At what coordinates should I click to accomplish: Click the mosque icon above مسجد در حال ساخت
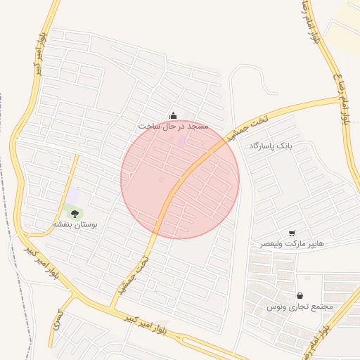point(174,116)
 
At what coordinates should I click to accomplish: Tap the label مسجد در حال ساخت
point(174,127)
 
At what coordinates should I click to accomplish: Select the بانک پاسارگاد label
point(269,146)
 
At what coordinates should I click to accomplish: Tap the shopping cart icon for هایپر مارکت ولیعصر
point(292,233)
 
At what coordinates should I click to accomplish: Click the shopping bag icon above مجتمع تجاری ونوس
point(301,296)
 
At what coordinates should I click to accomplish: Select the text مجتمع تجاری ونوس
point(300,307)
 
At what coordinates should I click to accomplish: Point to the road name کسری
point(59,323)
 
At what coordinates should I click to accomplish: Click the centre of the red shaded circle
point(180,179)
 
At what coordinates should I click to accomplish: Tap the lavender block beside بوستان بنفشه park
point(72,195)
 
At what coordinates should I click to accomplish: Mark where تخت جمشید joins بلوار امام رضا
point(345,98)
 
